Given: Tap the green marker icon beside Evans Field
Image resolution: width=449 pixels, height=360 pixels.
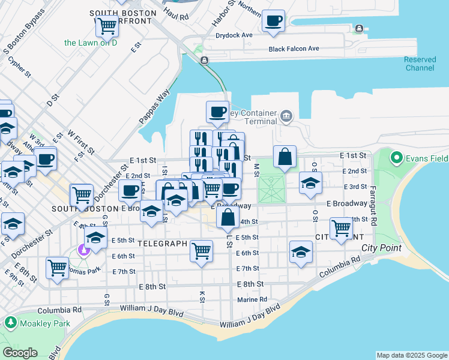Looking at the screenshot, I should point(396,158).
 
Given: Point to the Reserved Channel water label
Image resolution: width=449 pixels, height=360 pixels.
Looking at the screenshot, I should point(419,64).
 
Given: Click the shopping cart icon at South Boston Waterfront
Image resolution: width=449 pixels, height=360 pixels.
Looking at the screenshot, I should point(107,26).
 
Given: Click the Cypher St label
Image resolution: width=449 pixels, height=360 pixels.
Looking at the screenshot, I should point(20,68).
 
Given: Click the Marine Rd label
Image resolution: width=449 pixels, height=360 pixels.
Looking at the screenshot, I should point(252,299).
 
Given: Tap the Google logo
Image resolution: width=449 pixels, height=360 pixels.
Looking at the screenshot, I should point(20,353).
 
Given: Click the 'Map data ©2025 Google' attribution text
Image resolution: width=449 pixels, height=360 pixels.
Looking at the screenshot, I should point(411,355).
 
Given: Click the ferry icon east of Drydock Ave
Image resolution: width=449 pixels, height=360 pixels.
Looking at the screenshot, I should point(359,28).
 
